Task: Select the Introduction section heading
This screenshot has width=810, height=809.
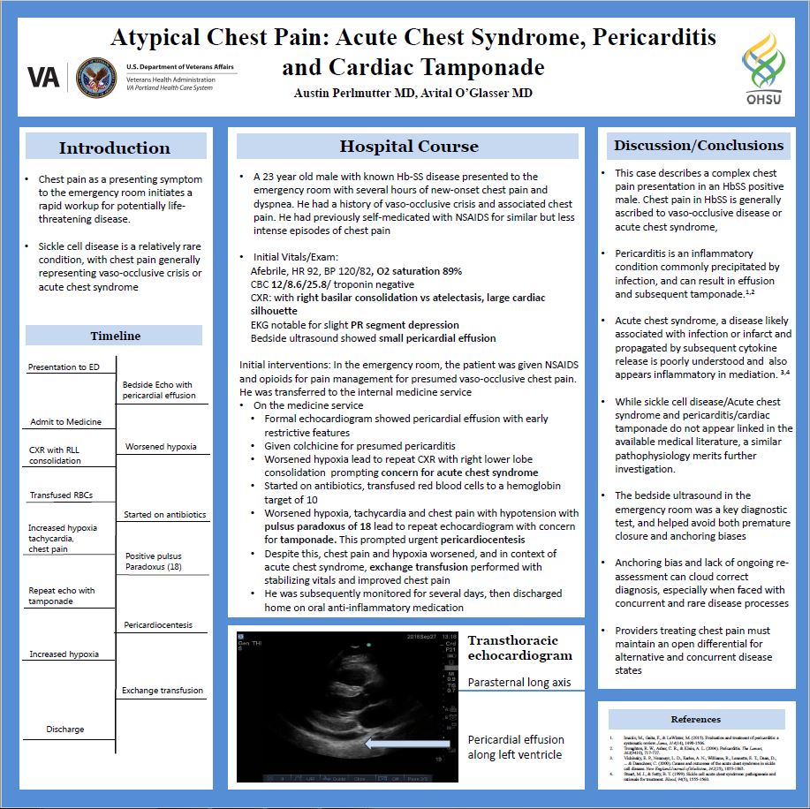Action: pos(114,147)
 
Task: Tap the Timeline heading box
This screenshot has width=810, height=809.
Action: pos(115,336)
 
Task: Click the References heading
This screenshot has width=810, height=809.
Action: pos(696,719)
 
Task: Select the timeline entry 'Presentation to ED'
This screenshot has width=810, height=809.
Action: pos(64,367)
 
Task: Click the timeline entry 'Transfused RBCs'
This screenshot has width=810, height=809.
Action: pos(61,495)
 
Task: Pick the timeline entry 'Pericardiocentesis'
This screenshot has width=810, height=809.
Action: pos(158,624)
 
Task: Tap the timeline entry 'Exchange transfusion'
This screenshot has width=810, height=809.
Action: pos(163,690)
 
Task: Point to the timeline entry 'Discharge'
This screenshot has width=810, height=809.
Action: pos(65,729)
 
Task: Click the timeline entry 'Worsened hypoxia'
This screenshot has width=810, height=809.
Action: pos(162,447)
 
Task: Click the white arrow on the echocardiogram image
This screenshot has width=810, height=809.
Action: pos(407,745)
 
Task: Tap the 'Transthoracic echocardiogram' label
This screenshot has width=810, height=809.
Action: pos(519,647)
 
